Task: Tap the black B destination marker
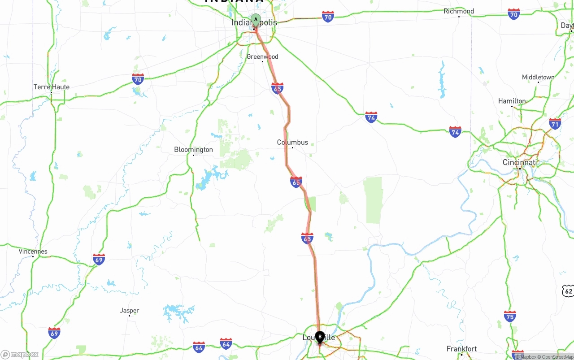(320, 336)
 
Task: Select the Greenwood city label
(262, 57)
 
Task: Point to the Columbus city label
(292, 143)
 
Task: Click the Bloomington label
(193, 150)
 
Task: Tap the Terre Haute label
(52, 87)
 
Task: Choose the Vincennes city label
(33, 252)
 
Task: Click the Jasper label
(130, 311)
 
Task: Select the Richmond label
(459, 11)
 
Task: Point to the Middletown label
(538, 78)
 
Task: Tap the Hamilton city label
(512, 101)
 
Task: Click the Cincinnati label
(520, 162)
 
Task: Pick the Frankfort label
(462, 349)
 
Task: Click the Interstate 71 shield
(555, 124)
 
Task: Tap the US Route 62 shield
(568, 291)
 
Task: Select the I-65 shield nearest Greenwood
(277, 88)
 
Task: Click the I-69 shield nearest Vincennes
(99, 259)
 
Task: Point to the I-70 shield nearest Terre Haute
(138, 79)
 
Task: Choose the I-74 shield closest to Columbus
(371, 117)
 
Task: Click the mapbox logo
(20, 354)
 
